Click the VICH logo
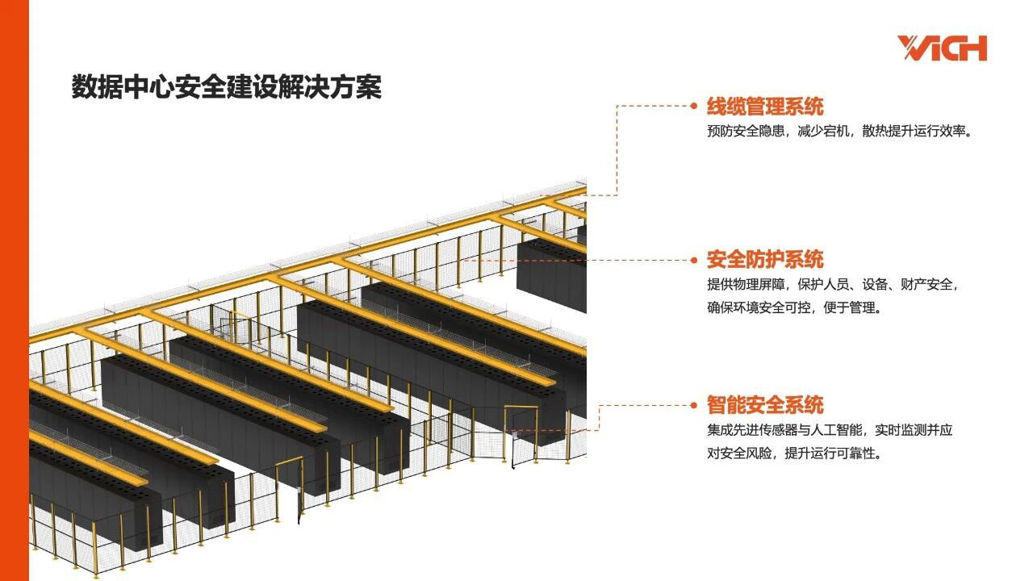click(x=942, y=48)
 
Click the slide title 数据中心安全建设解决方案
click(x=227, y=87)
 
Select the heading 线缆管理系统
click(x=765, y=106)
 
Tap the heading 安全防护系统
click(x=765, y=260)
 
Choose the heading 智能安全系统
click(x=765, y=405)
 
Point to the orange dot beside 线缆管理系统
click(x=692, y=105)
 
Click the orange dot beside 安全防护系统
click(x=692, y=260)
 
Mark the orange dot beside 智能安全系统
click(x=692, y=405)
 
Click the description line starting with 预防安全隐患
click(x=839, y=131)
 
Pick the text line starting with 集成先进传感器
click(x=830, y=430)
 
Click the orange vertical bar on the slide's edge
click(x=14, y=290)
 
